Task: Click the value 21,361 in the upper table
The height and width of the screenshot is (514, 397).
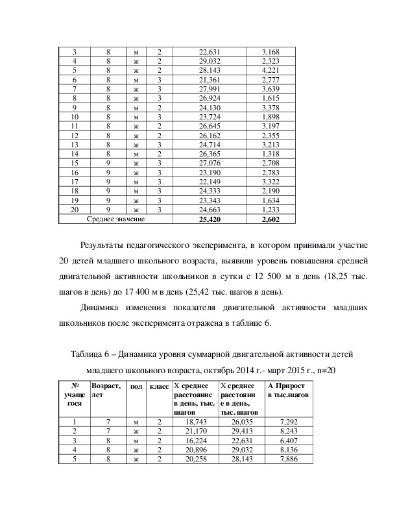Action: [208, 79]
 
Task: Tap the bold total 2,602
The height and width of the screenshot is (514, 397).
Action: [269, 220]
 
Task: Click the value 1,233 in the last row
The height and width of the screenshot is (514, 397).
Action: [269, 211]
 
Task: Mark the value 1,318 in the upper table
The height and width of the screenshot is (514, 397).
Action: [269, 145]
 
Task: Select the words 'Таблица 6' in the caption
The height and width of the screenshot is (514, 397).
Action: [90, 354]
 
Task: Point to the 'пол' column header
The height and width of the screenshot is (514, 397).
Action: [136, 387]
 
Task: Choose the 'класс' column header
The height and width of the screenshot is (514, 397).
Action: [159, 387]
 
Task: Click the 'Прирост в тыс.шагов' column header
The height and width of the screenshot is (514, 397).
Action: [288, 390]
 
